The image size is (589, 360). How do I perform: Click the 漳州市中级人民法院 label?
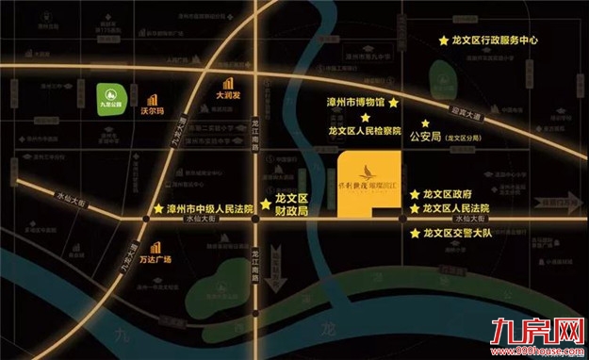tap(210, 209)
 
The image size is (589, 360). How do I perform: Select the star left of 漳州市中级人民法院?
tap(156, 209)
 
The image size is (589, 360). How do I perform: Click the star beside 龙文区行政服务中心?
tap(444, 41)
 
